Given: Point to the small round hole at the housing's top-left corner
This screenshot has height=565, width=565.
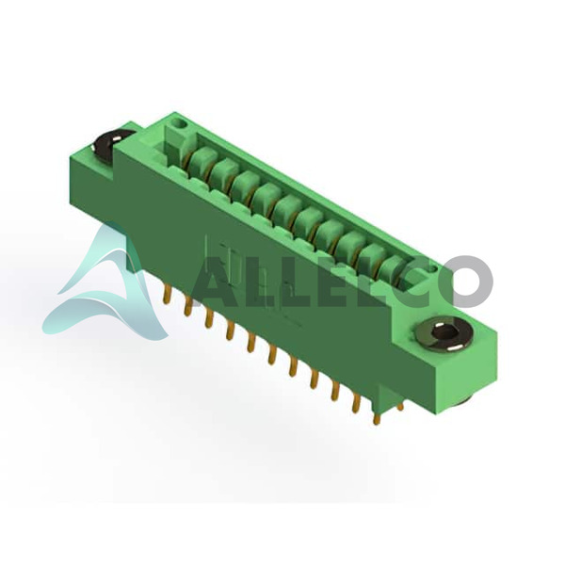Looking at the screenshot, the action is point(179,125).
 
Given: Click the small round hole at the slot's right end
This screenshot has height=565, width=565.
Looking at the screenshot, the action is point(431,268).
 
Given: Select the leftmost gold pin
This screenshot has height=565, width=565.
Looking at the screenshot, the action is point(167,296).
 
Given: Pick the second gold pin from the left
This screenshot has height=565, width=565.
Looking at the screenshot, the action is point(187,306).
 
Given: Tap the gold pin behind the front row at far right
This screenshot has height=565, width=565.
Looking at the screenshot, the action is point(399,406).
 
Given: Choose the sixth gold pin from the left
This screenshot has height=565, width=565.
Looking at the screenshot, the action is point(272,355).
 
